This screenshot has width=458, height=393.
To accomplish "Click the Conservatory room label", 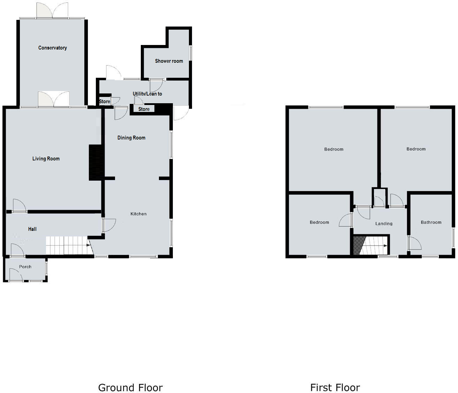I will (x=52, y=48).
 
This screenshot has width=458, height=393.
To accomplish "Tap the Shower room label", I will (x=169, y=61).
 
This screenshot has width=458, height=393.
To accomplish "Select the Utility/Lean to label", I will (x=147, y=94).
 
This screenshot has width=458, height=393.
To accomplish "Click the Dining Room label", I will (x=131, y=138).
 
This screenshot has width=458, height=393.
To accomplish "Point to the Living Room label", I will (x=46, y=159).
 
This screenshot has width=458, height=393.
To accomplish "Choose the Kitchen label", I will (x=138, y=214).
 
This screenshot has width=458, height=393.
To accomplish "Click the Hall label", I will (x=32, y=229).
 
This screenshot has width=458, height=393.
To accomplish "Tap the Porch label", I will (x=25, y=267).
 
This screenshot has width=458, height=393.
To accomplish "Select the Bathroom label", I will (x=431, y=222).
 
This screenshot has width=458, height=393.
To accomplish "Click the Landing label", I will (x=384, y=224).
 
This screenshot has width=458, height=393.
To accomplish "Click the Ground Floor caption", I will (x=130, y=387).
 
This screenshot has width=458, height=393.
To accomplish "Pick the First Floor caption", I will (x=335, y=387).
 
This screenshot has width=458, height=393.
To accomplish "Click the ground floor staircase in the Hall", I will (x=66, y=245).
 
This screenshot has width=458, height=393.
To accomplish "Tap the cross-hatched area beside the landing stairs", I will (x=358, y=245).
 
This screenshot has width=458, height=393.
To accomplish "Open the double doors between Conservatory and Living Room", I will (x=54, y=99).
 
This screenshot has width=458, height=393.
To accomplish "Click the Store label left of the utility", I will (x=104, y=101).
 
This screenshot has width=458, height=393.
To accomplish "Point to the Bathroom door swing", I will (x=415, y=243).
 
